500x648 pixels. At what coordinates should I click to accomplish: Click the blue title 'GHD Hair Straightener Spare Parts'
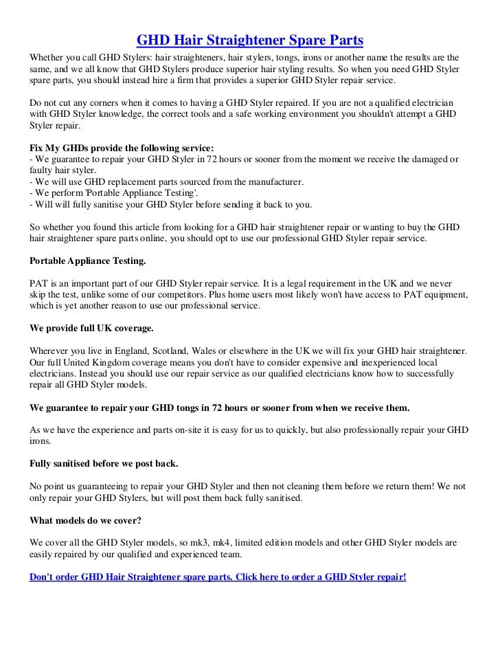pyautogui.click(x=250, y=38)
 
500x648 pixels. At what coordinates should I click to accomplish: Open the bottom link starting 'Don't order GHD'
pyautogui.click(x=218, y=577)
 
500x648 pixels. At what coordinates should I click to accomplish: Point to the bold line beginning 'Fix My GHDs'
pyautogui.click(x=122, y=148)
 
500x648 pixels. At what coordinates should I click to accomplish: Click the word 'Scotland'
pyautogui.click(x=174, y=350)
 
